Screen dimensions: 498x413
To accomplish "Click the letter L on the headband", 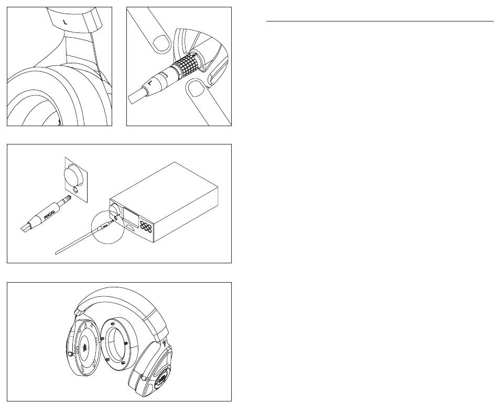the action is click(x=65, y=22).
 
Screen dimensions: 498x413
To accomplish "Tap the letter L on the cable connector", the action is click(x=150, y=83).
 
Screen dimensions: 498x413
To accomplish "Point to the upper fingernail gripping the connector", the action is click(x=162, y=43).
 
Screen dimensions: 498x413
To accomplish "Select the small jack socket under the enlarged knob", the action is click(x=76, y=189).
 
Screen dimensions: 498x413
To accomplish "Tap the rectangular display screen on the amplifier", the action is click(x=131, y=218).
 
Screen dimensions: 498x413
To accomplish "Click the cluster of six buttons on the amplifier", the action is click(x=145, y=226).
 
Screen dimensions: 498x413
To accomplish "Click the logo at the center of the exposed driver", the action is click(x=85, y=348).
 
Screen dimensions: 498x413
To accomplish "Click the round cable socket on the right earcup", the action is click(x=144, y=378).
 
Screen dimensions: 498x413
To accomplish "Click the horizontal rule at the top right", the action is click(x=380, y=21).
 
